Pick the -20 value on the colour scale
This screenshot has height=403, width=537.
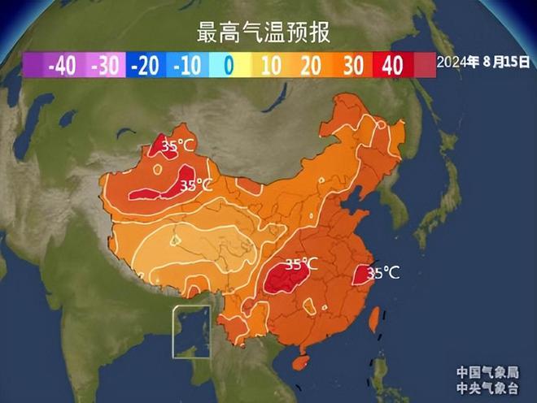(x=144, y=66)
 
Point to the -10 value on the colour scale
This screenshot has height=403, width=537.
(x=185, y=66)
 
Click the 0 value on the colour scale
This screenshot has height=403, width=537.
(x=229, y=66)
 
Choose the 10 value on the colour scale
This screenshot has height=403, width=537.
(x=269, y=66)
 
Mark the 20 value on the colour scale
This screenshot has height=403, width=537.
(x=310, y=66)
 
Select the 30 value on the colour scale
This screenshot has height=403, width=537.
(x=352, y=66)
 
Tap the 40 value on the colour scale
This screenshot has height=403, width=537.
(x=393, y=66)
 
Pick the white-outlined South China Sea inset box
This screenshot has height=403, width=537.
(x=191, y=331)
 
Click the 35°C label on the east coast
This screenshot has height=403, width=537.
(x=383, y=274)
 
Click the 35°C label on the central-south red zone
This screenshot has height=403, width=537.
(x=301, y=264)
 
